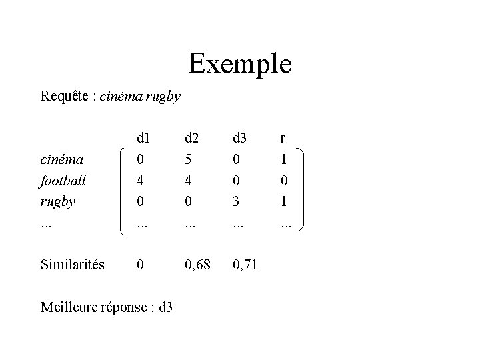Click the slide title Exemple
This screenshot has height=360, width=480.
[239, 64]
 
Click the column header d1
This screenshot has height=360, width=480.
[142, 139]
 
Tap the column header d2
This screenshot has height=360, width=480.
[191, 139]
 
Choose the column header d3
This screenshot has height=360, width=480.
[239, 139]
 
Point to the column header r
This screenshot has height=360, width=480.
[283, 139]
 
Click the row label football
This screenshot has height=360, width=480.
[63, 181]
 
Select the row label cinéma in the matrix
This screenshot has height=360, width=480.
[61, 160]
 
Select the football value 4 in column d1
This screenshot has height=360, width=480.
[139, 181]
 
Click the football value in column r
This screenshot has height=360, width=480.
[283, 181]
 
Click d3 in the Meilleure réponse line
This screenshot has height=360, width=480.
[167, 307]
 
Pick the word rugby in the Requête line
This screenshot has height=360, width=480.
[163, 96]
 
